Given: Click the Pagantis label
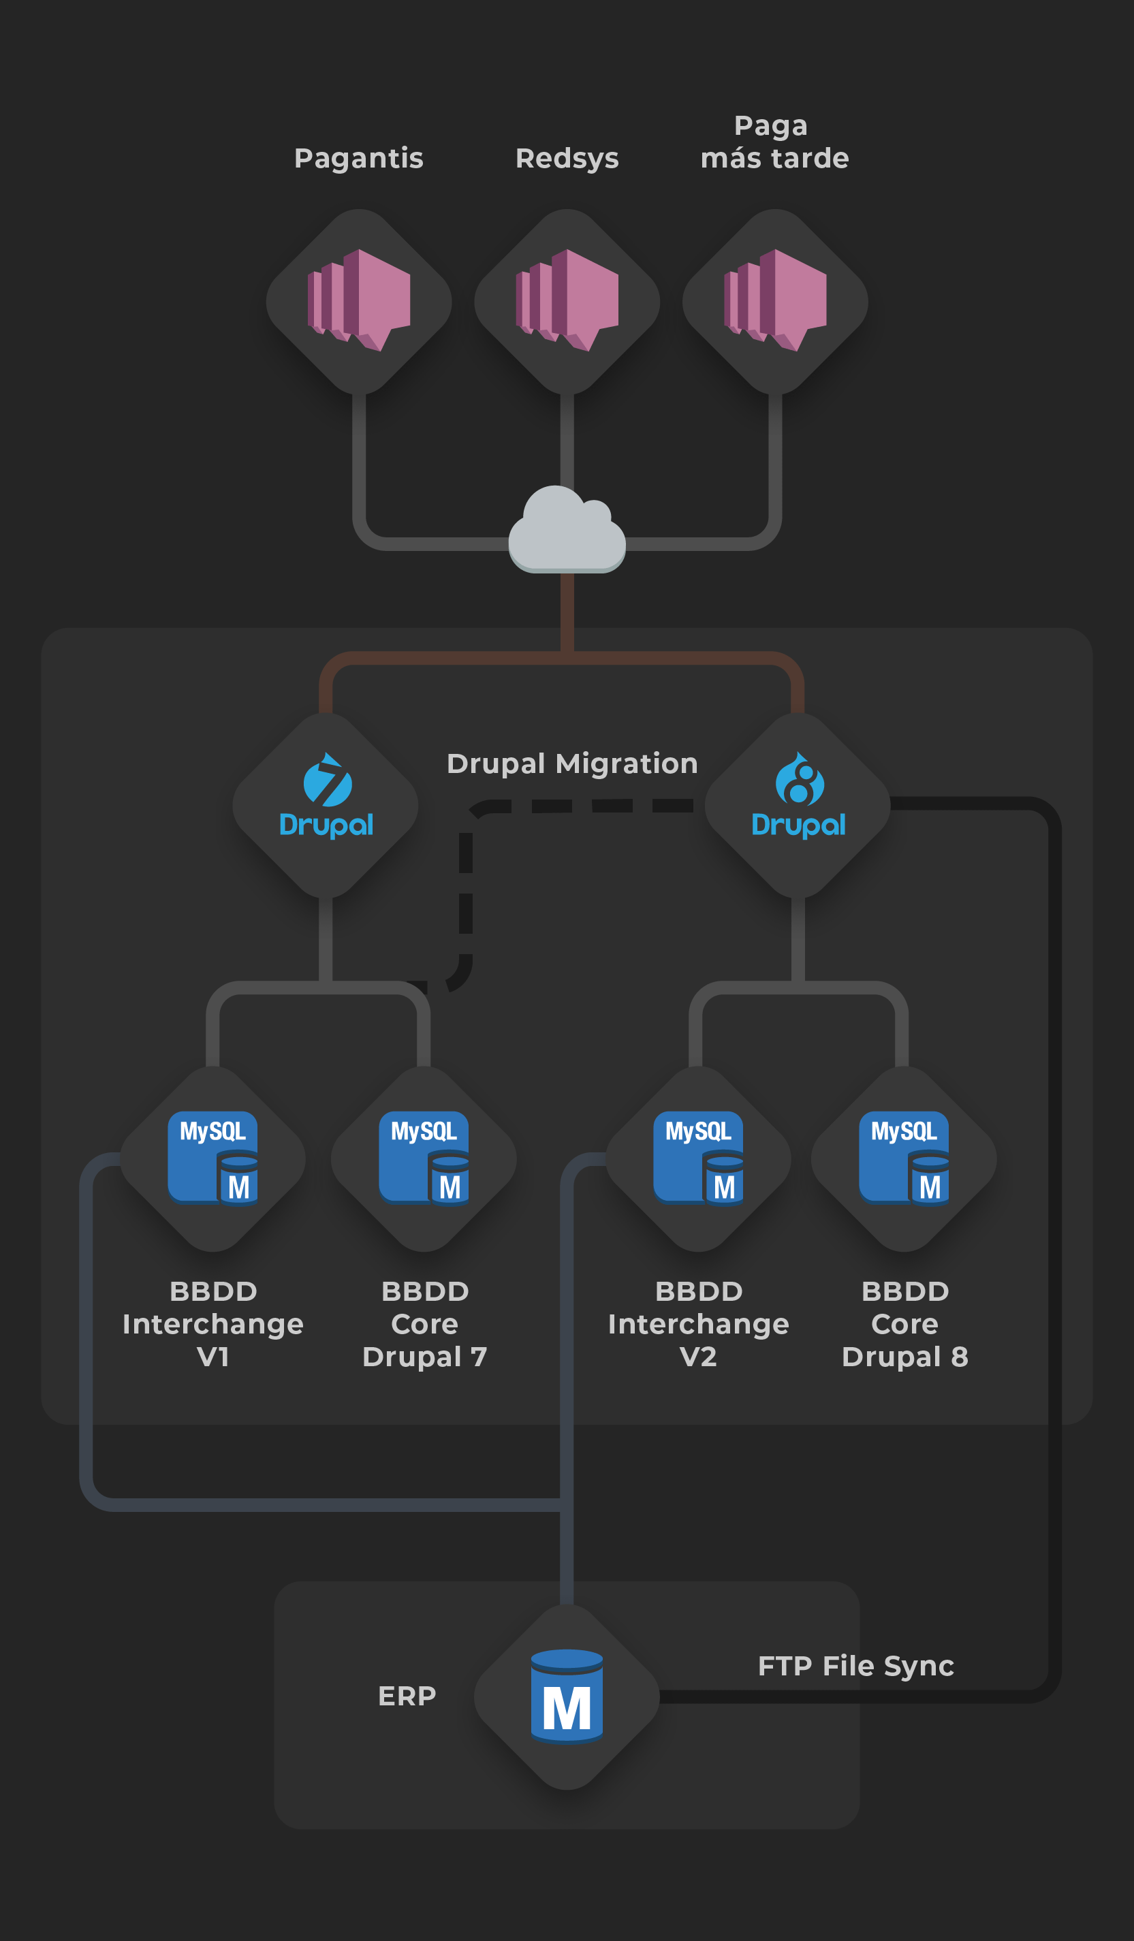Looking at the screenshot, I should [x=359, y=159].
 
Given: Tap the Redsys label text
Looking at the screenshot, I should [x=567, y=159].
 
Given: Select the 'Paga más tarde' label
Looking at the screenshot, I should [x=774, y=142].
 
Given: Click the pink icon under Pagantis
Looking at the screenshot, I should [x=359, y=300].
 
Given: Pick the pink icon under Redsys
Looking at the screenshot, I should [x=567, y=300].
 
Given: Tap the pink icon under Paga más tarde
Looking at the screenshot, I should [x=775, y=300].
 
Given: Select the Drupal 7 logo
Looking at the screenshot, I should [x=327, y=795].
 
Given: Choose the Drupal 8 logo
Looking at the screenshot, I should [x=799, y=795].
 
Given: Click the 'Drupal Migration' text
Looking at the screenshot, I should [x=572, y=764].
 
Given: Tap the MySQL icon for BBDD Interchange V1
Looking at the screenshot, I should [x=212, y=1157].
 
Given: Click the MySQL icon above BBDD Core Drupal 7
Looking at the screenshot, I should [x=424, y=1157].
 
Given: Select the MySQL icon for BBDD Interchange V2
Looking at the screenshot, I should [x=698, y=1157].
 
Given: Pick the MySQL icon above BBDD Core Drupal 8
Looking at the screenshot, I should [x=904, y=1157].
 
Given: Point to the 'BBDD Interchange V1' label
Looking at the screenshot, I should [x=212, y=1324].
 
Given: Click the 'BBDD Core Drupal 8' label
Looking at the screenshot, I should [x=905, y=1324].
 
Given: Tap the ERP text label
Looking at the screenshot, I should [x=407, y=1696].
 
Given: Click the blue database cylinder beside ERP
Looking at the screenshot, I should [x=567, y=1696].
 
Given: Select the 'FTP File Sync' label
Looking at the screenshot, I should [x=856, y=1666].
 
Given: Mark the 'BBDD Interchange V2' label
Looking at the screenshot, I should [x=698, y=1324].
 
